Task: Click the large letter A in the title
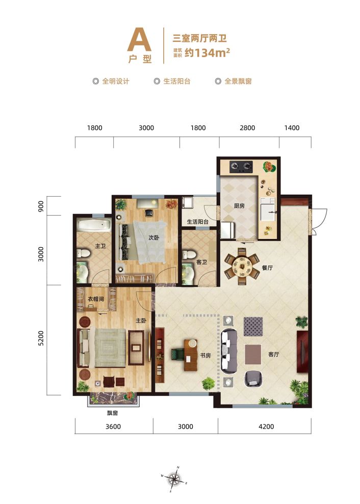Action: (139, 40)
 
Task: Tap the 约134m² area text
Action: (207, 52)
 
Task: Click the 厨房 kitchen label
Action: (239, 206)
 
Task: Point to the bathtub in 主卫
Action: (94, 225)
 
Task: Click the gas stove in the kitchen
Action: (241, 166)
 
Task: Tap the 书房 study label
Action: (205, 356)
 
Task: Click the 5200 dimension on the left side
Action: (40, 338)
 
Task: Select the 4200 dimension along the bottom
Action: (266, 427)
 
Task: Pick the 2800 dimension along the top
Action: (247, 127)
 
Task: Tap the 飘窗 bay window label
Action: (112, 413)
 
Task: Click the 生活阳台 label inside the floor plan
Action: (197, 222)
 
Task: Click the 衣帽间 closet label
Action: (95, 299)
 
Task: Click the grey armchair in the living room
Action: (254, 379)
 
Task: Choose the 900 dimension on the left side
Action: (40, 206)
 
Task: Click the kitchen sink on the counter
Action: (268, 209)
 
